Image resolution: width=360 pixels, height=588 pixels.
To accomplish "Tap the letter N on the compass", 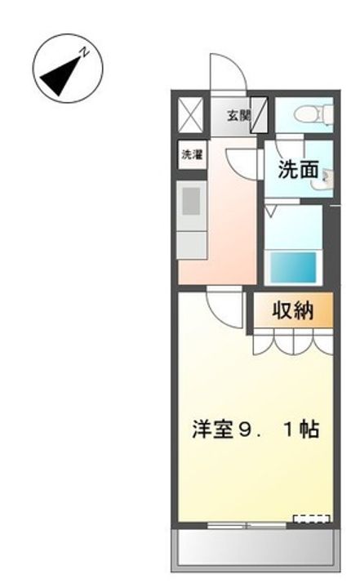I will tap(84, 51).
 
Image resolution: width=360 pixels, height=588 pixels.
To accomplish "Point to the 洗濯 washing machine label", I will tap(190, 154).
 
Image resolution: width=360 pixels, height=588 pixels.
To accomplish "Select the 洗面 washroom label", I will tap(297, 170).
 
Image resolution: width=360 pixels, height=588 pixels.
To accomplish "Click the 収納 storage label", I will tap(293, 311).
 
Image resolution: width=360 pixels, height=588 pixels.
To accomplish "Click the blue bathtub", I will tap(292, 266).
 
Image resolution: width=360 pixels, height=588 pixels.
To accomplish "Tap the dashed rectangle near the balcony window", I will tap(312, 519).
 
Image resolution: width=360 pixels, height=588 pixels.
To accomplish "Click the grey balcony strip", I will tap(254, 546).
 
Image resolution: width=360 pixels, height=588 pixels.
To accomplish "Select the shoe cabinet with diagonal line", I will tap(259, 114).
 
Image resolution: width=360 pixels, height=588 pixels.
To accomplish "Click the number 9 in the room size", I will tap(245, 429).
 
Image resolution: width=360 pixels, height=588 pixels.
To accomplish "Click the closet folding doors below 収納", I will tap(291, 341).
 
